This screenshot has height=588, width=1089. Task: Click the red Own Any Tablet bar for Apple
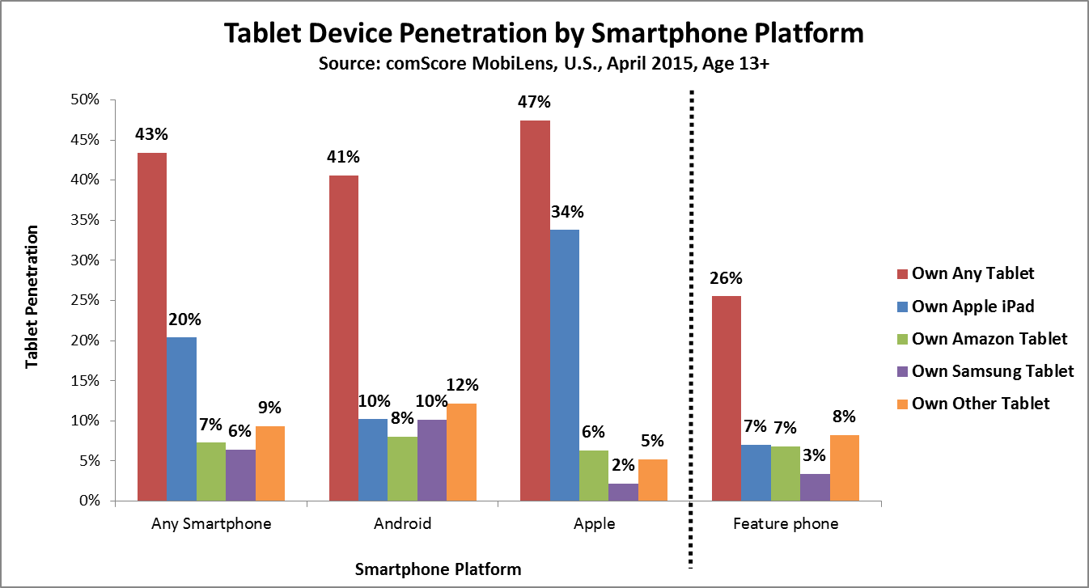coord(535,311)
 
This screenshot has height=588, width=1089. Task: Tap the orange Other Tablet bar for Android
coord(461,452)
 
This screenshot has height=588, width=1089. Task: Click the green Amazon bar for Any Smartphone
coord(211,472)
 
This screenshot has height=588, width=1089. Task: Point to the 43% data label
coord(152,134)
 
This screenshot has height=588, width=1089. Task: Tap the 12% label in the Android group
coord(462,385)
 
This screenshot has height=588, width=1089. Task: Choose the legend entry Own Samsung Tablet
coord(993,370)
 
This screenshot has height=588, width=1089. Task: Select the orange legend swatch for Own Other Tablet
coord(900,404)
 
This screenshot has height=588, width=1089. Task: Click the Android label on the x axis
coord(402,523)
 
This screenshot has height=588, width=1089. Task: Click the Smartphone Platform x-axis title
coord(438,569)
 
